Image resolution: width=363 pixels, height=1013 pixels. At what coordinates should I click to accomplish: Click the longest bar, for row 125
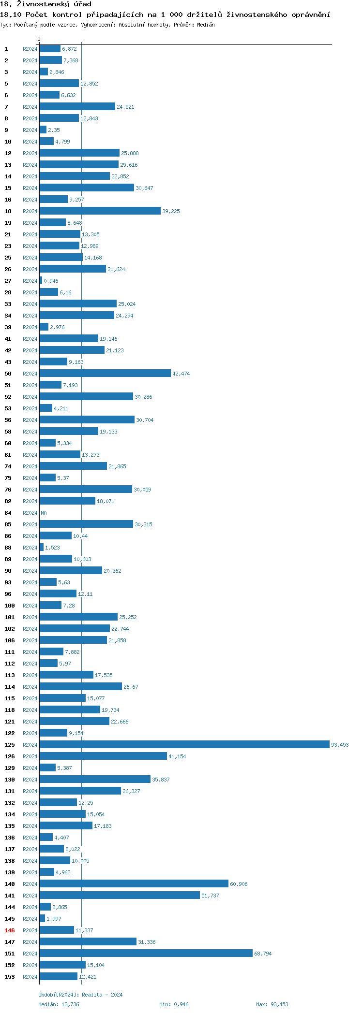click(x=184, y=744)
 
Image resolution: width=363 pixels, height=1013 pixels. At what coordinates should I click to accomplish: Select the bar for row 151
click(x=146, y=953)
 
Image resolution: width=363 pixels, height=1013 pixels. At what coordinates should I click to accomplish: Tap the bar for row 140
click(x=134, y=883)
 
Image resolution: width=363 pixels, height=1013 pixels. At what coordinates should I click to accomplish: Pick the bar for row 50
click(x=105, y=373)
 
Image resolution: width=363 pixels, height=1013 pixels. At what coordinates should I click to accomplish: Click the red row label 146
click(x=10, y=930)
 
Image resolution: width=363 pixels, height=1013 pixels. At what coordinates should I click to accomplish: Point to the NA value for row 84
click(x=44, y=513)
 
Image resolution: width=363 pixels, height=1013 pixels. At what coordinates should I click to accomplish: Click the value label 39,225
click(x=171, y=211)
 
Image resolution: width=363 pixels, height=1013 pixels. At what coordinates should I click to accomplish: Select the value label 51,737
click(x=210, y=896)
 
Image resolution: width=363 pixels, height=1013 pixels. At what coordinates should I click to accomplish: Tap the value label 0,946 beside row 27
click(x=51, y=281)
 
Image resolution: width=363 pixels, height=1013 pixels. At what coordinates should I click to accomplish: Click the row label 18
click(x=8, y=211)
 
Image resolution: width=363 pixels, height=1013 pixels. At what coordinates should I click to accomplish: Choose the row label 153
click(x=10, y=977)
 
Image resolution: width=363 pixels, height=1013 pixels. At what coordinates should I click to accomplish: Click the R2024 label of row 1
click(x=30, y=49)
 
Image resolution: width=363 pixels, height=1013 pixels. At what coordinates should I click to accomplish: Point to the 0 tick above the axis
click(x=39, y=39)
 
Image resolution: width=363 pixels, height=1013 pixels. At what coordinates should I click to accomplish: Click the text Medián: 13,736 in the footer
click(x=59, y=1004)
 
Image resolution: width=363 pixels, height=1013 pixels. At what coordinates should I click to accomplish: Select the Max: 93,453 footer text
click(x=272, y=1004)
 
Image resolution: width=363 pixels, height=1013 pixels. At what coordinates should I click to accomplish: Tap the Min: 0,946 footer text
click(x=174, y=1004)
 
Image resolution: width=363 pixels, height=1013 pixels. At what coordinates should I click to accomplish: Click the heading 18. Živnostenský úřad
click(x=45, y=4)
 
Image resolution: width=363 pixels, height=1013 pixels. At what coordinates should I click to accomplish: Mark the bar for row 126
click(x=103, y=756)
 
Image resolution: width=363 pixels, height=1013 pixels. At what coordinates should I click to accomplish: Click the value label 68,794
click(x=263, y=954)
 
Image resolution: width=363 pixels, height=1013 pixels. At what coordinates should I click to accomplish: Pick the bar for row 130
click(x=95, y=779)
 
